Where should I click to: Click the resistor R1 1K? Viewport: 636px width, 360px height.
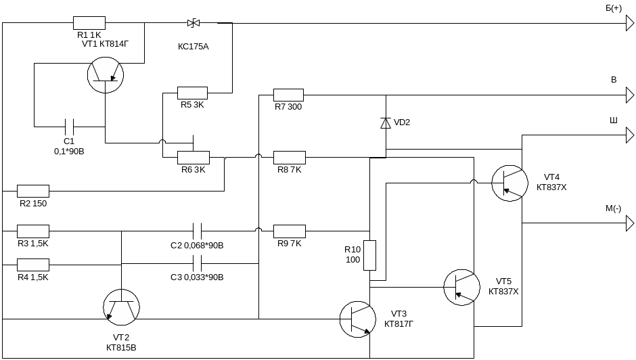click(x=89, y=23)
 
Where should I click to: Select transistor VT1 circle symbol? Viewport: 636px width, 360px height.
click(x=106, y=75)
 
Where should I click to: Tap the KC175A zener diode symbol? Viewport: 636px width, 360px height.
click(x=194, y=23)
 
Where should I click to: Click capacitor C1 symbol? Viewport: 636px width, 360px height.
click(x=68, y=126)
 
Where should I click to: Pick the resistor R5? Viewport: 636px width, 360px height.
click(x=192, y=93)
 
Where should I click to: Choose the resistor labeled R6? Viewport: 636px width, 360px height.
click(x=193, y=158)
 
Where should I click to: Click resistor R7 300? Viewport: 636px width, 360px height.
click(x=288, y=95)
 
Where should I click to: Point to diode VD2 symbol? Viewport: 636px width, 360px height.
click(x=386, y=122)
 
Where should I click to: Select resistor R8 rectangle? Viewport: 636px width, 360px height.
click(x=289, y=158)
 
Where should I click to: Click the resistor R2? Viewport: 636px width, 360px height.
click(x=33, y=191)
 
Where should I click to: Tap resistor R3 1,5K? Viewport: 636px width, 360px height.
click(x=33, y=231)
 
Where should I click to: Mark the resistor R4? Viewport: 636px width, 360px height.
click(x=33, y=264)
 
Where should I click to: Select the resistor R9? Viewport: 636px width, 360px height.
click(x=289, y=231)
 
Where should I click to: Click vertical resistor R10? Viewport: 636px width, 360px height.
click(x=369, y=255)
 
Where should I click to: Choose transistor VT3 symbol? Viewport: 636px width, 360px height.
click(x=357, y=319)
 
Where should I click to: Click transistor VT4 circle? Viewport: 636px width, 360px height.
click(x=509, y=182)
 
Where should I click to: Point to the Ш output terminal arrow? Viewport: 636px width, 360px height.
click(x=629, y=135)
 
